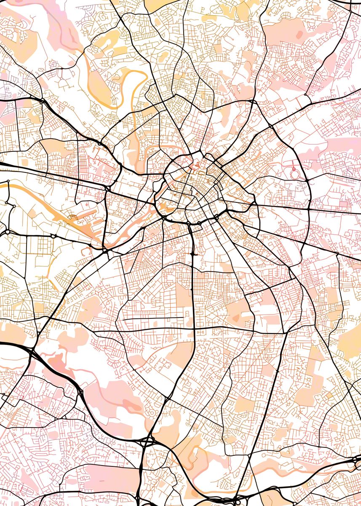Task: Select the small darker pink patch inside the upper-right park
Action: click(299, 34)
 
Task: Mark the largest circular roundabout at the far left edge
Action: click(7, 231)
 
